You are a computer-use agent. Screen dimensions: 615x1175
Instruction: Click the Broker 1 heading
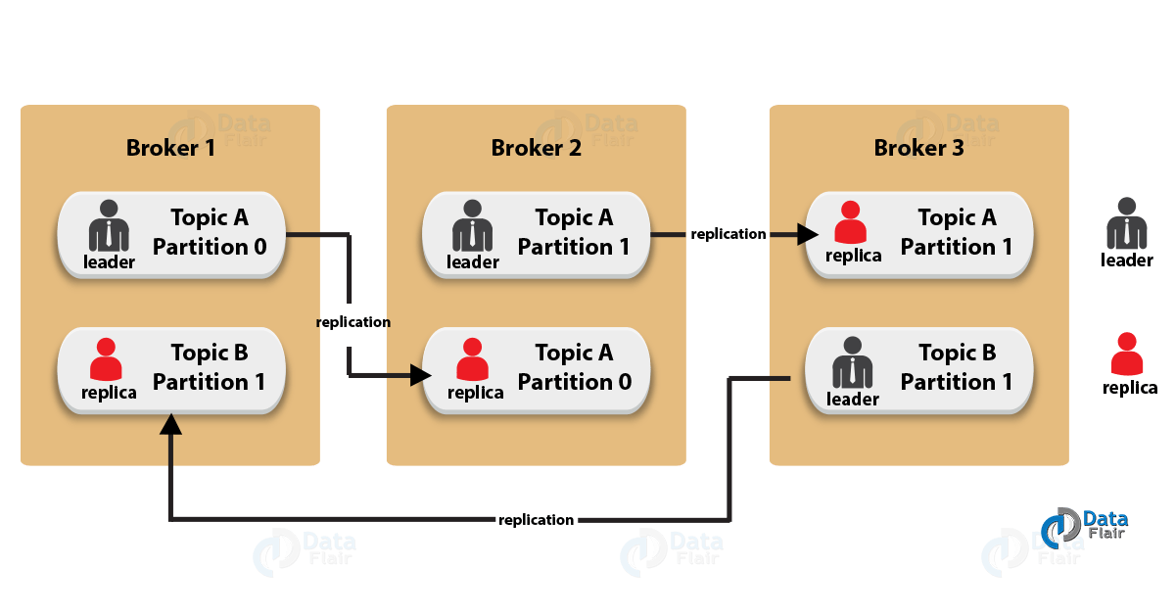click(x=171, y=148)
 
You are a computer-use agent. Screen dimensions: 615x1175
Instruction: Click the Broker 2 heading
click(x=536, y=148)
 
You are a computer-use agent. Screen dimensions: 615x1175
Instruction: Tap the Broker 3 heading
click(x=918, y=148)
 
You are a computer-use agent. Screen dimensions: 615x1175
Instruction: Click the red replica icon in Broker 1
click(x=107, y=359)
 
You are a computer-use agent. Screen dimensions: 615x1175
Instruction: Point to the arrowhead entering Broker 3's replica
click(x=808, y=235)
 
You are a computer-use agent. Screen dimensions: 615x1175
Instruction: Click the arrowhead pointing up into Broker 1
click(x=171, y=423)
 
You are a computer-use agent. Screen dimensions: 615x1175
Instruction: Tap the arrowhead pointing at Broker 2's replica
click(x=421, y=374)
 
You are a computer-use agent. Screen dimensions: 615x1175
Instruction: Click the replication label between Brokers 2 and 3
click(x=728, y=235)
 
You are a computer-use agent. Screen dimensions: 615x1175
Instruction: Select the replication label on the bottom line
click(x=536, y=519)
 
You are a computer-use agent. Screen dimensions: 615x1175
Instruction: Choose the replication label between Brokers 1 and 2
click(x=352, y=321)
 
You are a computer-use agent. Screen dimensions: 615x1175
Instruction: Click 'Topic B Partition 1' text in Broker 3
click(x=956, y=367)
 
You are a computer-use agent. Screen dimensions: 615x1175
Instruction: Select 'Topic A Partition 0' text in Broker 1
click(x=209, y=232)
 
